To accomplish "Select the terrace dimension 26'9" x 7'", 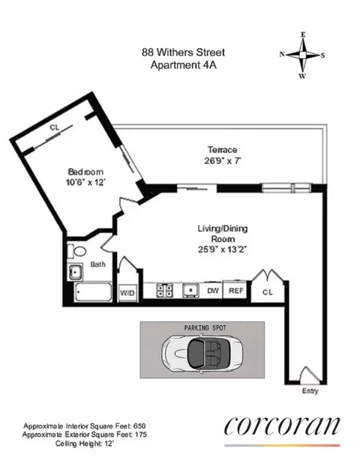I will [x=223, y=160].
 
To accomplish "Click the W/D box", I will [x=127, y=293].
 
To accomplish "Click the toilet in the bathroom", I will [x=73, y=252].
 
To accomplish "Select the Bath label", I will [x=98, y=264].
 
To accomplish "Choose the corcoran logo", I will [x=282, y=426].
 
